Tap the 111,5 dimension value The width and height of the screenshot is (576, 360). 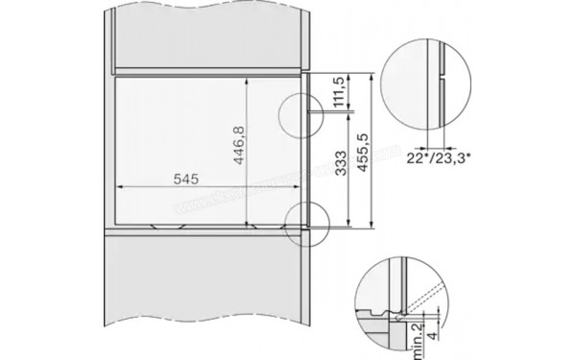(338, 93)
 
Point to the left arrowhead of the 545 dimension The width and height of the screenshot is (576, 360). (119, 187)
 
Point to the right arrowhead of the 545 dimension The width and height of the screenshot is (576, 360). (316, 187)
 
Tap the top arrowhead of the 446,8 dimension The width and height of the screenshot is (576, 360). (248, 81)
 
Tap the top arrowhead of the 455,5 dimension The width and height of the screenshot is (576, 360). (372, 72)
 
